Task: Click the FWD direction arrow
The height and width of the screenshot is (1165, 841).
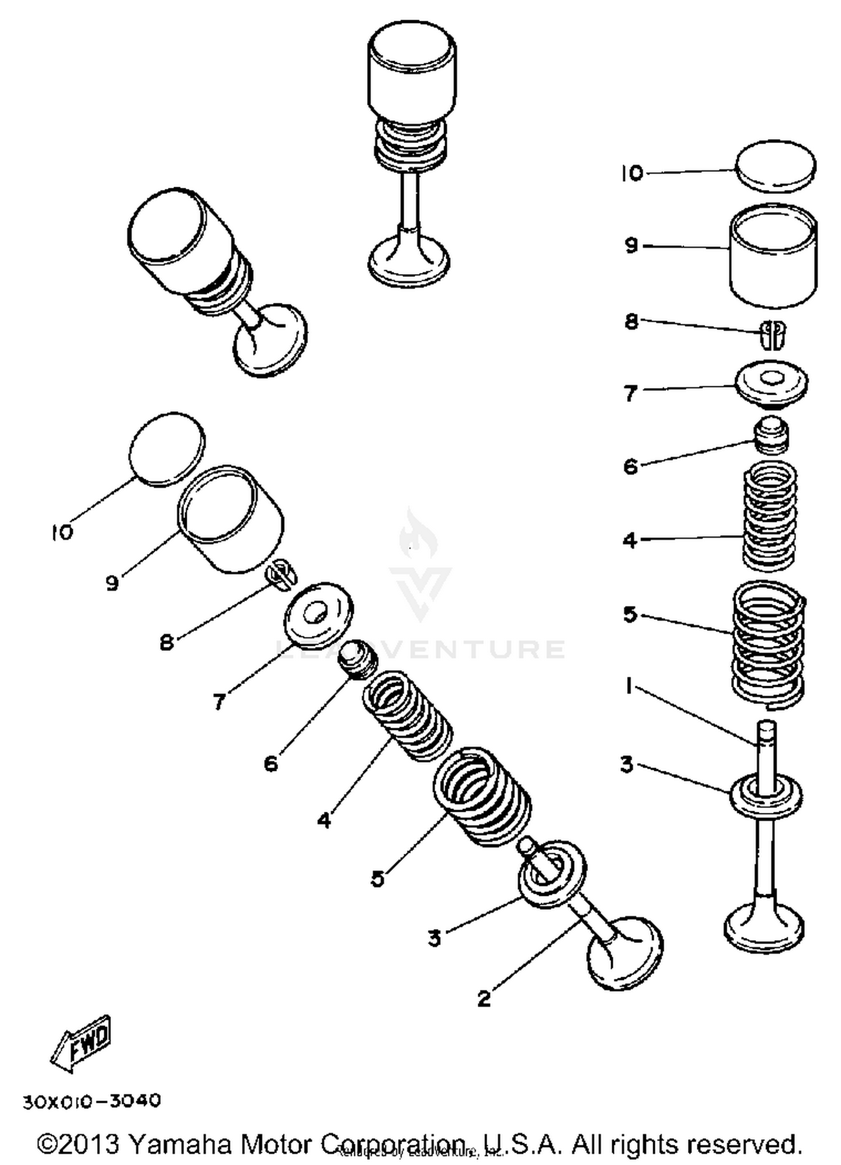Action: (x=82, y=1044)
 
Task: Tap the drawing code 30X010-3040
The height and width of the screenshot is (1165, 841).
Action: (x=92, y=1102)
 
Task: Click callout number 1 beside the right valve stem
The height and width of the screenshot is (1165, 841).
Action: (x=629, y=686)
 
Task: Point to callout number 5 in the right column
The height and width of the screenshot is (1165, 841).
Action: (x=630, y=614)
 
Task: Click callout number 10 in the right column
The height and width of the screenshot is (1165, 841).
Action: (x=632, y=173)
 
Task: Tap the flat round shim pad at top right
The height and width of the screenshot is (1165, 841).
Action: (x=775, y=164)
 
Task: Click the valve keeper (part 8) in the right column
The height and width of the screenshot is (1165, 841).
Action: (x=773, y=334)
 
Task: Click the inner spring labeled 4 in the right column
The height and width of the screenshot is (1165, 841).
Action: (x=770, y=515)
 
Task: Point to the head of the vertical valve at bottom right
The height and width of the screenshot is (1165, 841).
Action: (x=764, y=928)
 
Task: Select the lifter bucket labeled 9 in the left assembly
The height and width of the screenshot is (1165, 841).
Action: (x=231, y=519)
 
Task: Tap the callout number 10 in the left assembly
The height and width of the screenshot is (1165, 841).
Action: (x=62, y=532)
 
